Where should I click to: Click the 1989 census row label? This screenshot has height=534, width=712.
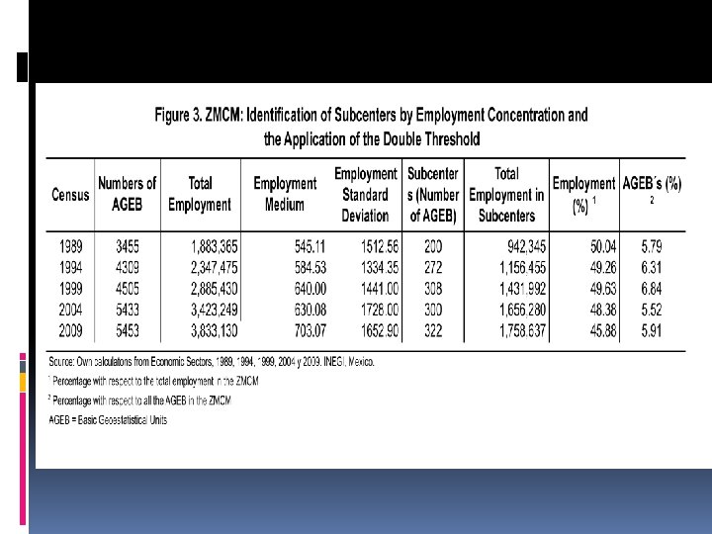pos(71,245)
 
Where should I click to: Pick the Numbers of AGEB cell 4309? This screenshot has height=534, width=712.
pos(126,267)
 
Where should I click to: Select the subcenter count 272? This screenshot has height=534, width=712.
pos(432,267)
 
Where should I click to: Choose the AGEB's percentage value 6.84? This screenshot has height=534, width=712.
pos(651,289)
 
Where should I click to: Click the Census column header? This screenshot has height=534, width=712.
pos(71,195)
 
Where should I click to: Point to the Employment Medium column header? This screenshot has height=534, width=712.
pos(285,194)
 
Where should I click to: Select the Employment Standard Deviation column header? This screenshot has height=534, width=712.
pos(366,194)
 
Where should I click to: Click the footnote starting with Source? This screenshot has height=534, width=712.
pos(212,363)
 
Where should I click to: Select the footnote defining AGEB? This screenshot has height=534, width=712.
pos(109,419)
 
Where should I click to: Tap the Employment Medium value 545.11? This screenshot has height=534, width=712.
pos(293,245)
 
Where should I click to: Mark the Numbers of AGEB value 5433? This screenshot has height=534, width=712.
pos(126,311)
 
